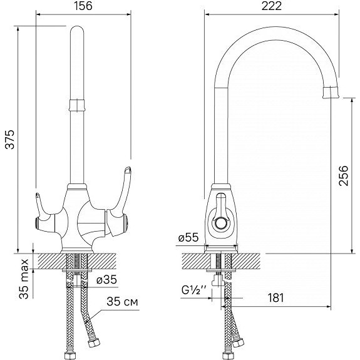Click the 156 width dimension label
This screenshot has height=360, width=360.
83,6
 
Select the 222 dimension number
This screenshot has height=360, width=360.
271,6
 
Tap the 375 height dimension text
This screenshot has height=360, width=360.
10,140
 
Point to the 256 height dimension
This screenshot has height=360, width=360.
344,176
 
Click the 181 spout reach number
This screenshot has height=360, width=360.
275,298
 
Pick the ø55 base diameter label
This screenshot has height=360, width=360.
188,237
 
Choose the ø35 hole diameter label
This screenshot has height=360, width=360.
106,280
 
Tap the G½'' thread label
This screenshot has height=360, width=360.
193,290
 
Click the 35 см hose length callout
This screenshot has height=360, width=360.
122,302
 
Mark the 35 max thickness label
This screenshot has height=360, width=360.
24,279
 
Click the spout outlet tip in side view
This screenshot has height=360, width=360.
331,93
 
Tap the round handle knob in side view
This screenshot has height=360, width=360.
222,223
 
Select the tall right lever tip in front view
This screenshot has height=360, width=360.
128,170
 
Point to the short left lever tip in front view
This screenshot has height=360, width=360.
38,195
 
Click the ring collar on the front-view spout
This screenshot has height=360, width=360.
77,105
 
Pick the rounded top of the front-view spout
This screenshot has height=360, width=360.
77,30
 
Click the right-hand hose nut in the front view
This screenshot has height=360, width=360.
94,343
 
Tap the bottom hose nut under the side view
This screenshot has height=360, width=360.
228,355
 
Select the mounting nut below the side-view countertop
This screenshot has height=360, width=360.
218,280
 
